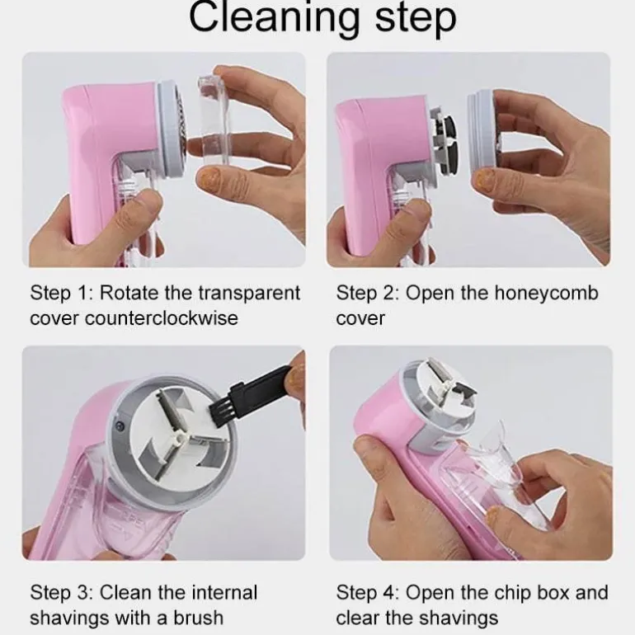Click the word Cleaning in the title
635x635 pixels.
pos(274,17)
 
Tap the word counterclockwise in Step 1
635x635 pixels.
pos(162,317)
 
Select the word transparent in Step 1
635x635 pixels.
pos(249,294)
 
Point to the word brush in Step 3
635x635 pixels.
pos(199,618)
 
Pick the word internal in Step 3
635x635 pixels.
pos(224,592)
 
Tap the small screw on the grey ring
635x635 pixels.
pos(119,426)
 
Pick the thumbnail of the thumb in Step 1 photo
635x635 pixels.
pos(206,178)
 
